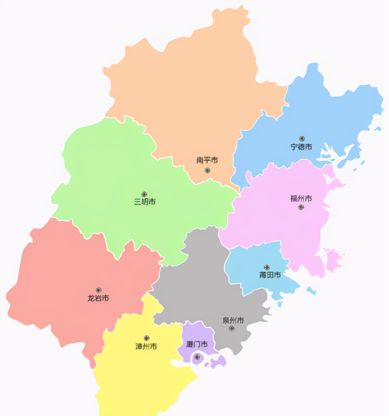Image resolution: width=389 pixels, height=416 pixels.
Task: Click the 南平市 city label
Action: tap(207, 160)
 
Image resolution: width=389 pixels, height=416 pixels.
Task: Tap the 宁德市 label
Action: tap(301, 147)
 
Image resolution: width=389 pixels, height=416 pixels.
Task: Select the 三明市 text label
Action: tap(145, 202)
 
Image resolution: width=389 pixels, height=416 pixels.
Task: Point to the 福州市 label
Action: tap(301, 198)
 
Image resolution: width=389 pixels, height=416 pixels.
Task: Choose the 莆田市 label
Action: tap(270, 275)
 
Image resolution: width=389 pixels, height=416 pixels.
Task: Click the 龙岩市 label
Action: tap(98, 298)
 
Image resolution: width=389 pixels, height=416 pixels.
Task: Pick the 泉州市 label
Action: tap(233, 320)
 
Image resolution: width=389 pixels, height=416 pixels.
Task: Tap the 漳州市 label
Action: tap(146, 346)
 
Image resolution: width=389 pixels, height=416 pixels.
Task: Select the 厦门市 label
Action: tap(197, 344)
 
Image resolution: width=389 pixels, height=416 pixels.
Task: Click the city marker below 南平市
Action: tap(207, 170)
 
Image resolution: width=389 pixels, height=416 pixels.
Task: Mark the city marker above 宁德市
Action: tap(302, 139)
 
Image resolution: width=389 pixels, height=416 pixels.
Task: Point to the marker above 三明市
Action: tap(144, 194)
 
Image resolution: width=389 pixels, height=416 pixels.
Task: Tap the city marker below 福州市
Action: tap(301, 207)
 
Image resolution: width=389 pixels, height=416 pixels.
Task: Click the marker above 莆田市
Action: tap(267, 267)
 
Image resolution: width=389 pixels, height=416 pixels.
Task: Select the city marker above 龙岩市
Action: tap(99, 290)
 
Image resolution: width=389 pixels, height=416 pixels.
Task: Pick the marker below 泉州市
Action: tap(232, 328)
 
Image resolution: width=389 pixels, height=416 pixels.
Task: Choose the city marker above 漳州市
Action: tap(146, 338)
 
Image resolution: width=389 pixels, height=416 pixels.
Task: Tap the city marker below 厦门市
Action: tap(197, 357)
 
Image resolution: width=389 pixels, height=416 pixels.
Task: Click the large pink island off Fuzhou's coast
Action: tap(333, 259)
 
